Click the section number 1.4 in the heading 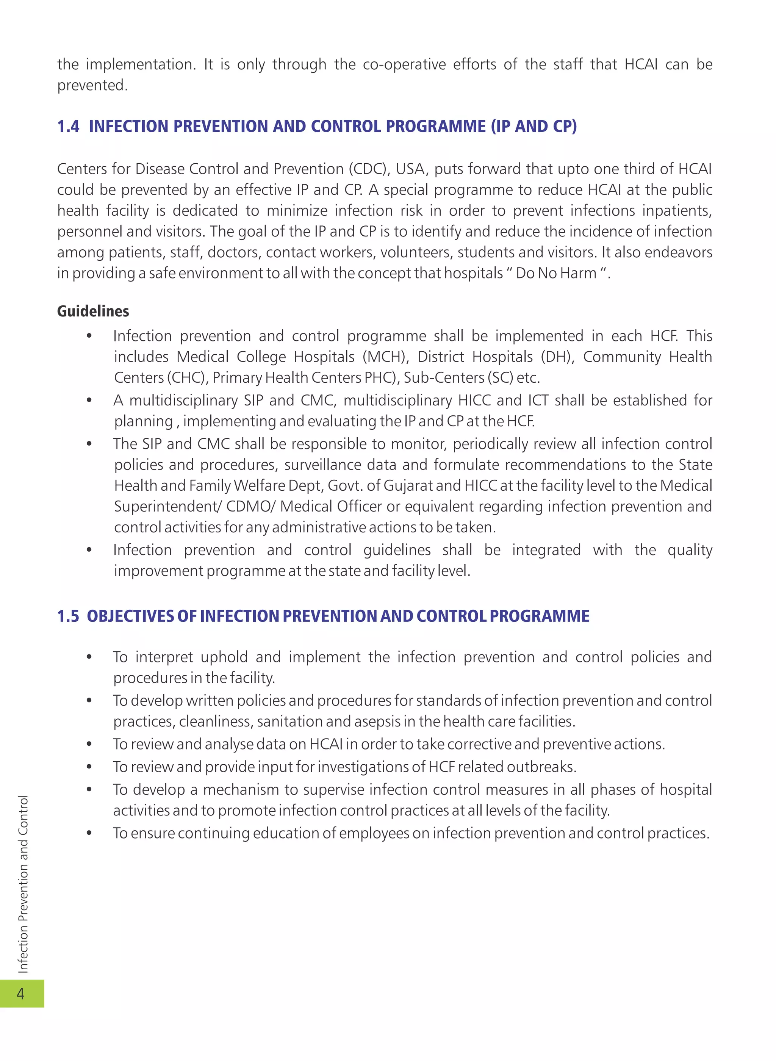tap(68, 126)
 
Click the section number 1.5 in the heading tap(68, 616)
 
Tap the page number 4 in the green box tap(21, 994)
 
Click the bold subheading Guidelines tap(93, 311)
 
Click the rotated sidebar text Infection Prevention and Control tap(23, 883)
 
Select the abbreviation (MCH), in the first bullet tap(386, 357)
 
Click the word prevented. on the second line tap(92, 86)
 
